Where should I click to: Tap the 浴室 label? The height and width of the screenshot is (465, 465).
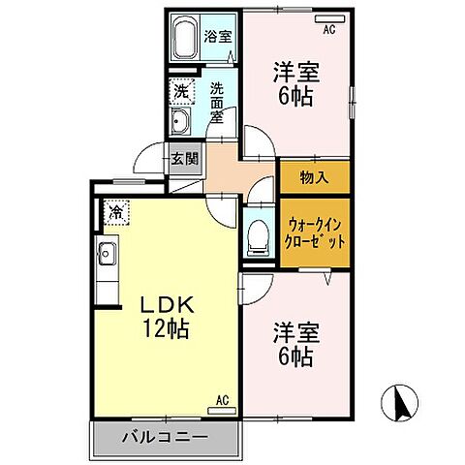pyautogui.click(x=217, y=38)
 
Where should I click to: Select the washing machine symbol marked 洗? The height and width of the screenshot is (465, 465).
pyautogui.click(x=181, y=93)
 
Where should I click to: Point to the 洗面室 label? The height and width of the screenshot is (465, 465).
pyautogui.click(x=218, y=102)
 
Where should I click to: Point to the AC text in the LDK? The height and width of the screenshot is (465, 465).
pyautogui.click(x=221, y=399)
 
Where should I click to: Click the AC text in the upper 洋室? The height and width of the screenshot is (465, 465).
pyautogui.click(x=329, y=31)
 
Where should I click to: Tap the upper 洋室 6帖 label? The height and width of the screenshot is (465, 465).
pyautogui.click(x=295, y=83)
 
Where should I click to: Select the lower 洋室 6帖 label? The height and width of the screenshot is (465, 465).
pyautogui.click(x=295, y=344)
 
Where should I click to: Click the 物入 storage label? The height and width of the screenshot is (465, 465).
pyautogui.click(x=314, y=177)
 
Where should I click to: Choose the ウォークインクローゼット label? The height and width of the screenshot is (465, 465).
pyautogui.click(x=315, y=231)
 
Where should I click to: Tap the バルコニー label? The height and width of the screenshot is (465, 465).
pyautogui.click(x=165, y=436)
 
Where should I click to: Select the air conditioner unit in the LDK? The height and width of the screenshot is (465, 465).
pyautogui.click(x=221, y=410)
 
